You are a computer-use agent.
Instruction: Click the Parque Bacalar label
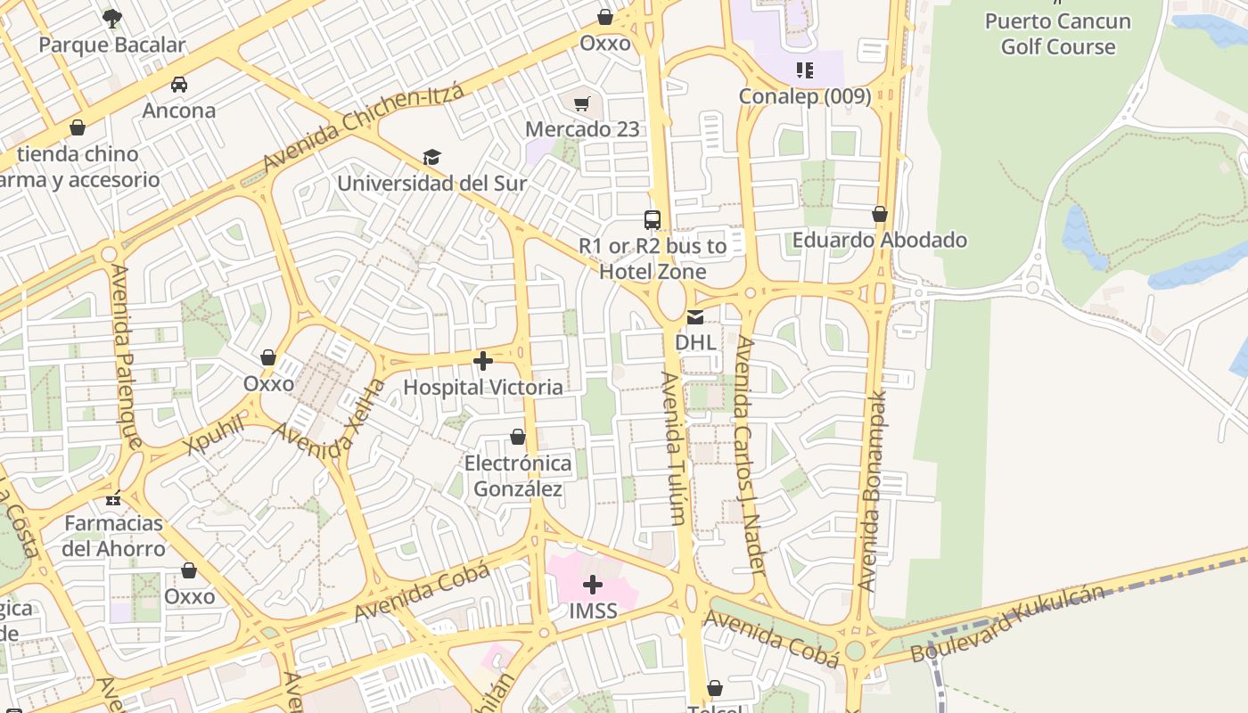point(112,45)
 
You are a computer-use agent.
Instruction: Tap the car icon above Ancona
point(179,85)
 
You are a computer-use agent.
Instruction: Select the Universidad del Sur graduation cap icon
point(432,158)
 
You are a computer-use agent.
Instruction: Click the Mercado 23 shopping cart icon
point(582,104)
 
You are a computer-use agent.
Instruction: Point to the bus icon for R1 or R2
point(653,219)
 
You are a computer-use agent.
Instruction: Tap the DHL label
point(694,342)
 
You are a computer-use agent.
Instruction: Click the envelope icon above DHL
point(694,317)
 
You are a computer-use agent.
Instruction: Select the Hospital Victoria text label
point(483,388)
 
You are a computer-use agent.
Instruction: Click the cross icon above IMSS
point(593,585)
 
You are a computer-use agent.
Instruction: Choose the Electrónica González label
point(518,476)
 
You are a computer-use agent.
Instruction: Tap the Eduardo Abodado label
point(880,240)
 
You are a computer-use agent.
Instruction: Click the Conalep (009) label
point(805,96)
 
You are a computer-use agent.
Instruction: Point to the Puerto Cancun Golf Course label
point(1058,34)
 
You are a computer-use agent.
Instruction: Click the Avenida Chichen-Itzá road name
point(364,128)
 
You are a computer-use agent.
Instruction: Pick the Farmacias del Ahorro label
point(113,536)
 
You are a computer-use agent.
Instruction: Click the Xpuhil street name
point(216,434)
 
